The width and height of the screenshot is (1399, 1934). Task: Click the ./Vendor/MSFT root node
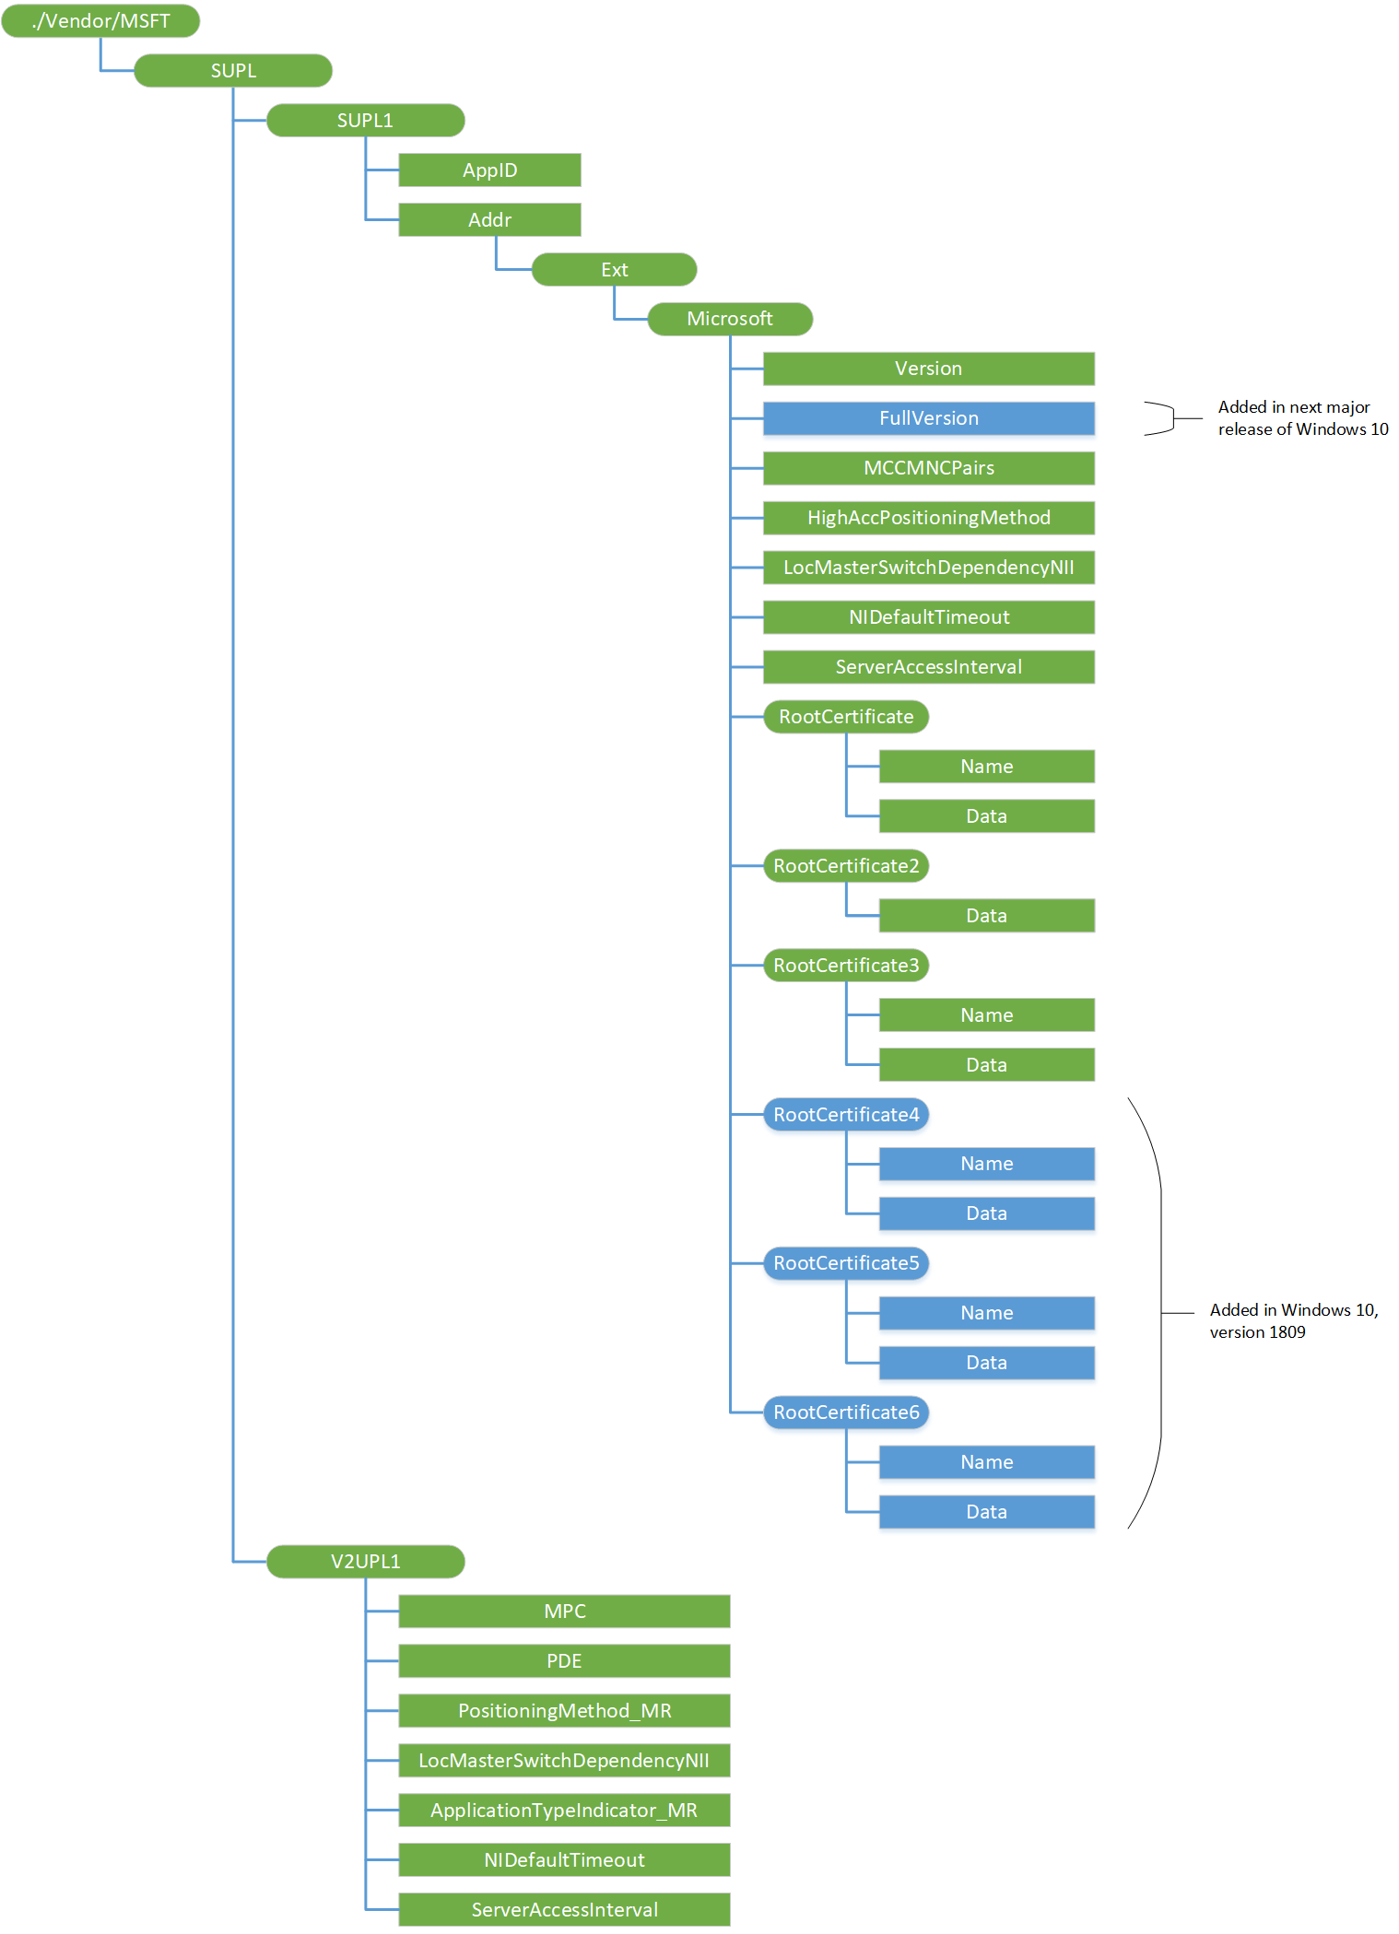coord(100,21)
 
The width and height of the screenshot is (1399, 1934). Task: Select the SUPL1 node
coord(365,121)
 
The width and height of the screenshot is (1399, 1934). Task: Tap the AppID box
coord(489,170)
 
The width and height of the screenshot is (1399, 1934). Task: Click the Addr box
coord(489,220)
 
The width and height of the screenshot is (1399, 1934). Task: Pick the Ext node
coord(614,270)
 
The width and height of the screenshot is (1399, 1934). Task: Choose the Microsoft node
coord(730,319)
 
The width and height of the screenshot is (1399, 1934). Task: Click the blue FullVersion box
coord(928,418)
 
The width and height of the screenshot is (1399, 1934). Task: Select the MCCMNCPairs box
coord(928,468)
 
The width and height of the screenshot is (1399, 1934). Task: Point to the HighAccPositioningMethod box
coord(928,518)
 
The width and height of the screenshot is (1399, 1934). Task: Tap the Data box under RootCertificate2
coord(986,916)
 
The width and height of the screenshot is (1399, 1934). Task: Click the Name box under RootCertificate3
coord(986,1015)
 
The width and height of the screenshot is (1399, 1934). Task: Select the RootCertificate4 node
coord(846,1115)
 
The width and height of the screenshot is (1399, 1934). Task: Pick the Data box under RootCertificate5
coord(986,1363)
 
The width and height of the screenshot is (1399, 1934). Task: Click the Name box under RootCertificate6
coord(986,1462)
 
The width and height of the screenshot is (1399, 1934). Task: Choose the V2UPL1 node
coord(365,1562)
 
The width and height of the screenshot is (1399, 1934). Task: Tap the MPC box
coord(564,1612)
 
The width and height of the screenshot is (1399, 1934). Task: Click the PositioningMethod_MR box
coord(564,1711)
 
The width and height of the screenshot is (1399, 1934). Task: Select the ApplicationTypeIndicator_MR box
coord(564,1811)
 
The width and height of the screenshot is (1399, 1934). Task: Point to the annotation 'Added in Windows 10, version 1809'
coord(1293,1321)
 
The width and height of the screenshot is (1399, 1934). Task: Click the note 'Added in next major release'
coord(1302,418)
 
